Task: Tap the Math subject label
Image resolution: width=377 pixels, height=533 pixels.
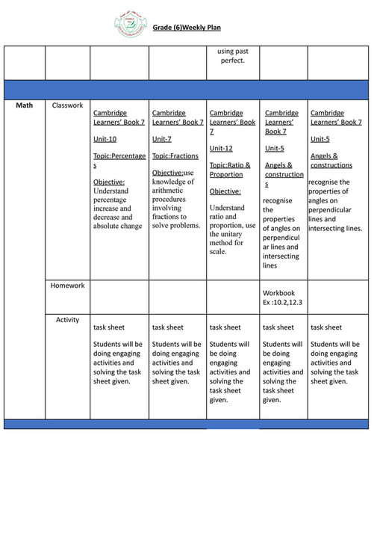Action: click(x=24, y=106)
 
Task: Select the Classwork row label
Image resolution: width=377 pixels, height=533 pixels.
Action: click(x=67, y=106)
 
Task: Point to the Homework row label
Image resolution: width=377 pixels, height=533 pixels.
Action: click(x=67, y=286)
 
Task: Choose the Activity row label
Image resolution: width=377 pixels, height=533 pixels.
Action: click(x=67, y=320)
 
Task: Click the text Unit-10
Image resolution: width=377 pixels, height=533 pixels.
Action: click(x=105, y=139)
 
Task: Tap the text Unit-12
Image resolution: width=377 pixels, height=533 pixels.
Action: click(x=221, y=148)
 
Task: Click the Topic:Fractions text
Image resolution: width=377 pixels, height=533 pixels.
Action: click(x=175, y=156)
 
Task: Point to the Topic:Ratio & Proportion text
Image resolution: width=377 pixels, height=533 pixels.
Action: click(x=230, y=170)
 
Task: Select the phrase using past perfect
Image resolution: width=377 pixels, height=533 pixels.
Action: click(x=232, y=56)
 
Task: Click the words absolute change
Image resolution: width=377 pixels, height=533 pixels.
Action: click(x=117, y=226)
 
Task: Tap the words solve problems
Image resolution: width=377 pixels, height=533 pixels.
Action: click(x=175, y=226)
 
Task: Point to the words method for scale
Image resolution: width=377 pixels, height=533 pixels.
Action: click(x=227, y=247)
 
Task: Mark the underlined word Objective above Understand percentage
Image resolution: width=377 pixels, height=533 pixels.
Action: click(x=108, y=182)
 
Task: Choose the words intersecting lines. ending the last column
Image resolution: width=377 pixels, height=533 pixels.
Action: click(x=336, y=228)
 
